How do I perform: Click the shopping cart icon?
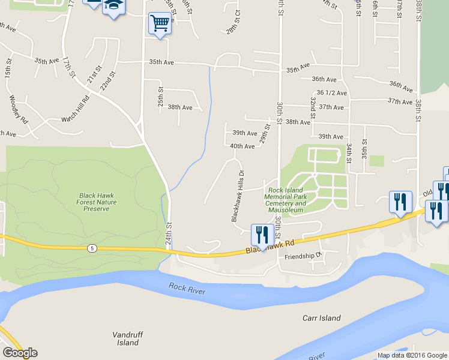coord(160,25)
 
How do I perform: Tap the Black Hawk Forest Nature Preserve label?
coord(97,202)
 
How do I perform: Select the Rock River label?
coord(187,290)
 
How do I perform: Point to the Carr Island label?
coord(318,317)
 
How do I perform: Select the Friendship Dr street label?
coord(303,255)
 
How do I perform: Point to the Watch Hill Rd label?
coord(75,119)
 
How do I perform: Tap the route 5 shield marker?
coord(91,247)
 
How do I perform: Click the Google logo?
coord(20,353)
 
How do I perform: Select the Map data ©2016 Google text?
coord(411,355)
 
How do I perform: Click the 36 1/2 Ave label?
coord(331,92)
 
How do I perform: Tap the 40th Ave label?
coord(243,146)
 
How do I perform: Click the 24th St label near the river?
coord(169,234)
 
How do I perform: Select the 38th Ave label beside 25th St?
coord(179,107)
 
